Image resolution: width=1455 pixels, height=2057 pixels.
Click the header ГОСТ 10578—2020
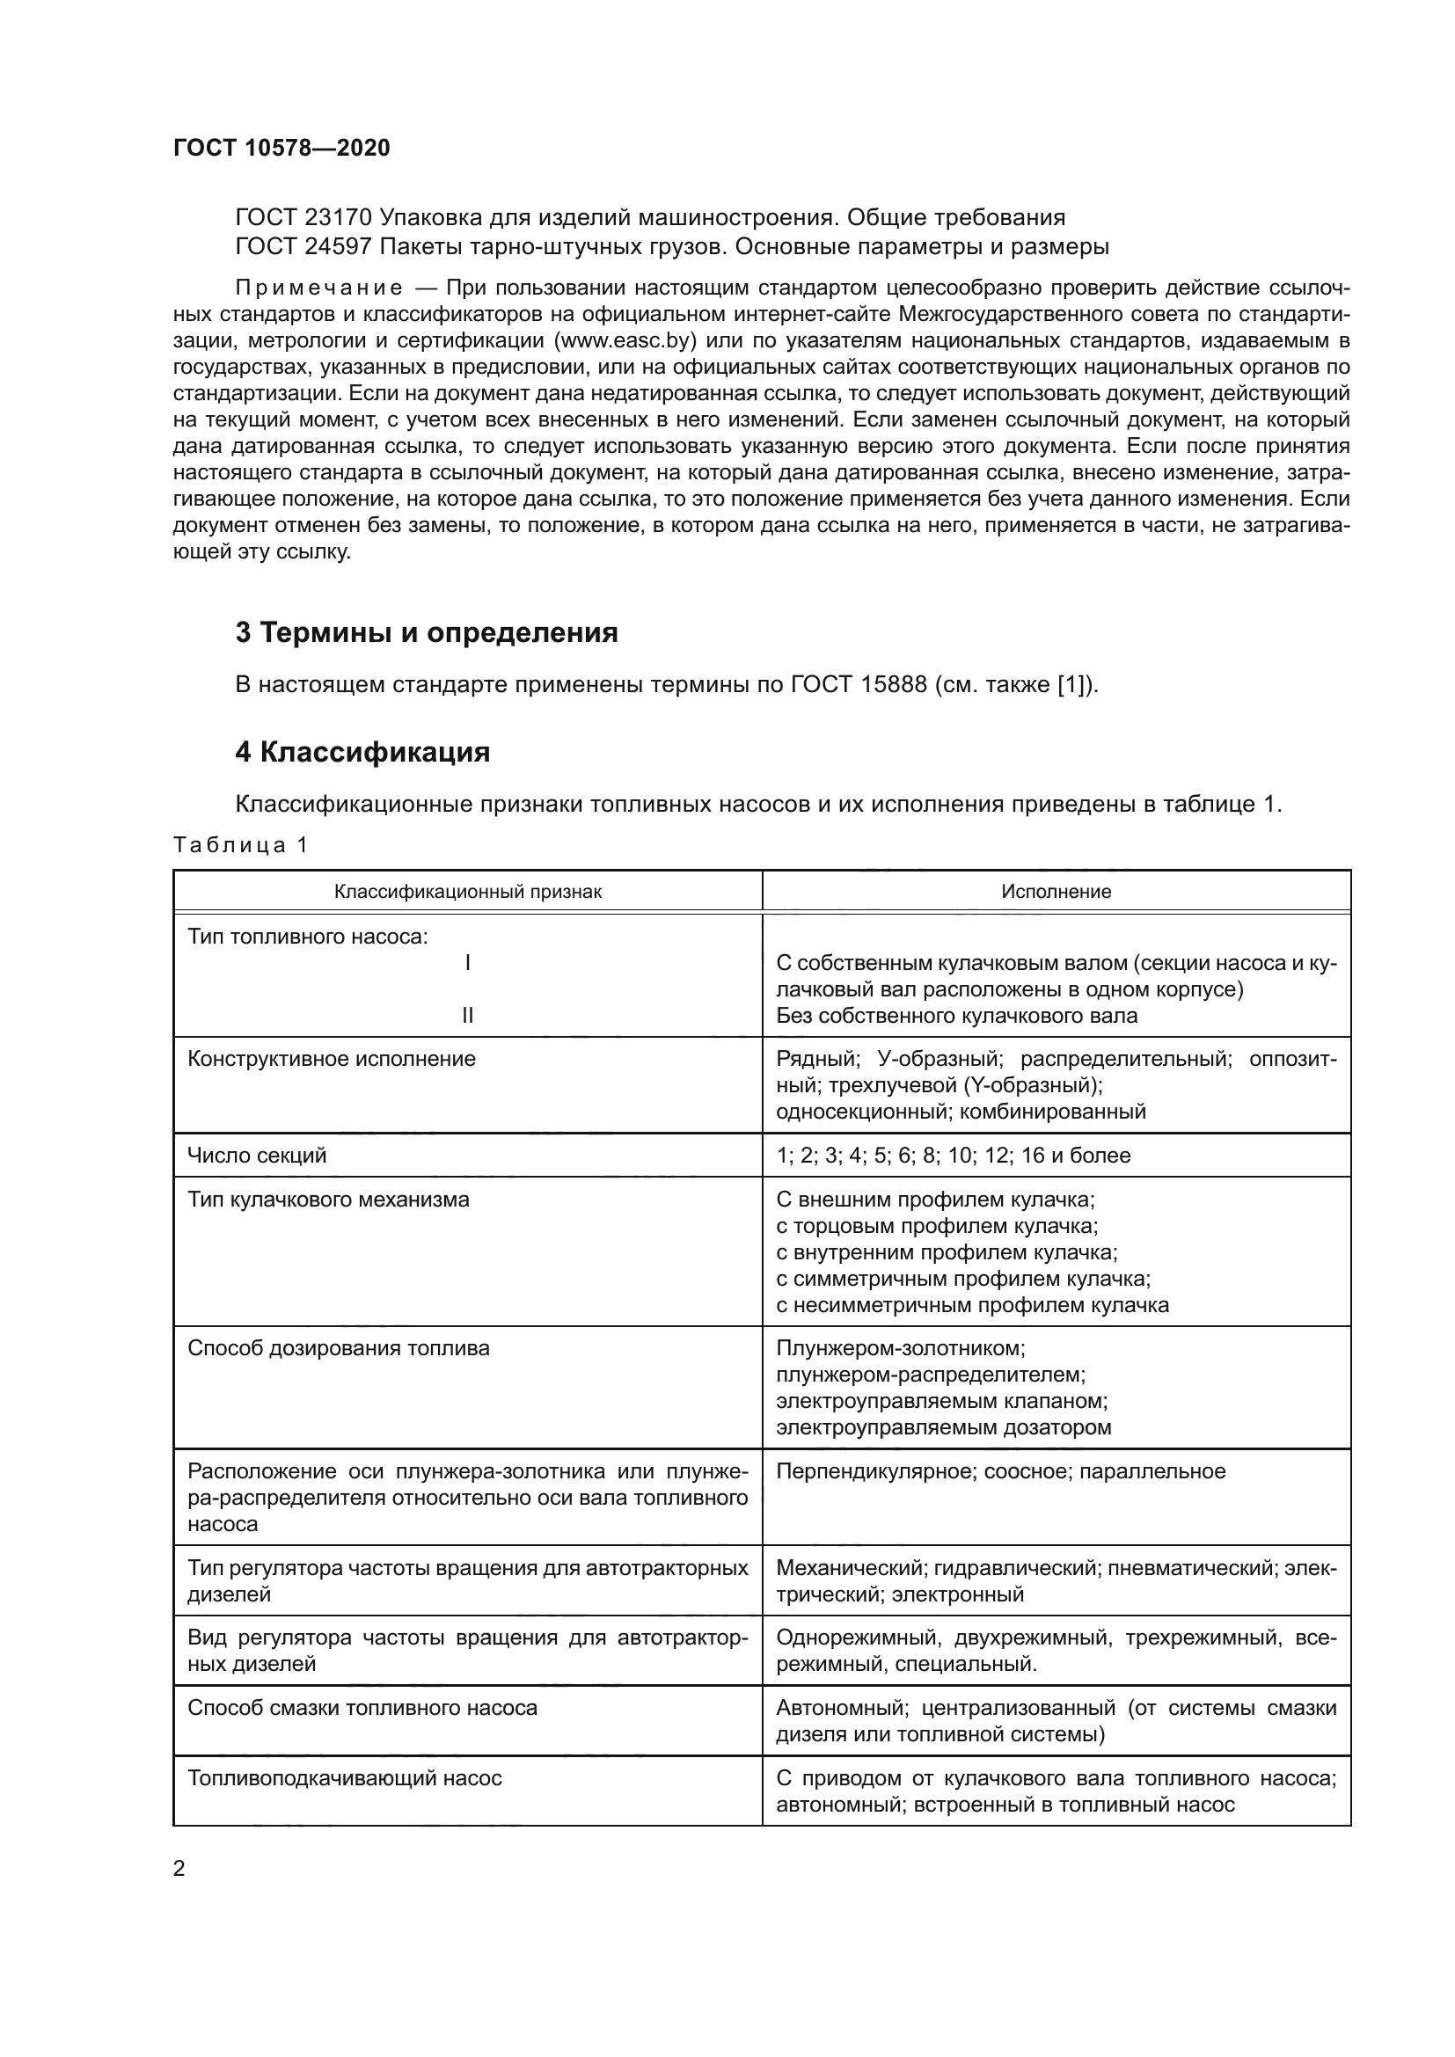tap(281, 148)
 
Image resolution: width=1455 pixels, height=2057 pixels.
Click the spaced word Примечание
tap(318, 288)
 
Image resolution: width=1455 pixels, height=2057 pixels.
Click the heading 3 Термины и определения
tap(427, 632)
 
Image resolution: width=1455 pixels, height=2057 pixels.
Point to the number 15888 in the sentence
tap(893, 685)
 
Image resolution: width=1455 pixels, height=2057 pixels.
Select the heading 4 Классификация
tap(362, 752)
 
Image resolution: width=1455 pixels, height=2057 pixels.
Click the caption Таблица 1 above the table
tap(240, 845)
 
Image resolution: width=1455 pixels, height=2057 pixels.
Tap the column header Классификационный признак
tap(468, 892)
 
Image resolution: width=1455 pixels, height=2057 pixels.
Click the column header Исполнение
tap(1056, 892)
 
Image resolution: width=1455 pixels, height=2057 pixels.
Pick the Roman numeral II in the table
tap(468, 1015)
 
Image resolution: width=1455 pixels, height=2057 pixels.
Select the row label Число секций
tap(256, 1155)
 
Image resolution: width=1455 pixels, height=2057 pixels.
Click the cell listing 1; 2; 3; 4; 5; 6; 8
tap(953, 1155)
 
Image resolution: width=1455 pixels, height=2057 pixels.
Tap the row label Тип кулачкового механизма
tap(328, 1199)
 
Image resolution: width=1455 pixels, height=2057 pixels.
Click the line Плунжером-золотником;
tap(901, 1347)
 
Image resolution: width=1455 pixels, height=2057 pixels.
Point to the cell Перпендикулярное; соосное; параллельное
tap(1000, 1471)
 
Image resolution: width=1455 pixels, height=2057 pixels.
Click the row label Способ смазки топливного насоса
tap(362, 1708)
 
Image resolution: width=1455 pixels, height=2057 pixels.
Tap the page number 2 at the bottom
tap(179, 1868)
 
